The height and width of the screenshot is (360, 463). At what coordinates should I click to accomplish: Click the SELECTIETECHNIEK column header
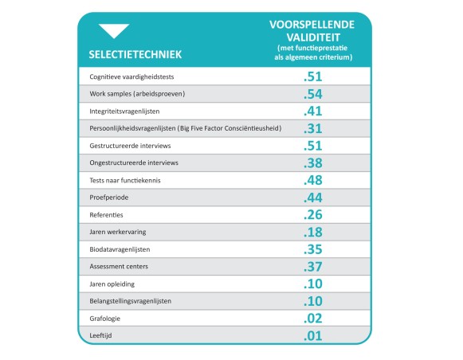point(135,55)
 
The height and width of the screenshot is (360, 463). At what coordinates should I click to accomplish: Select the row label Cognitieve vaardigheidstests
point(132,76)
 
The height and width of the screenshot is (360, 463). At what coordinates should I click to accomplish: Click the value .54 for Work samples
point(312,94)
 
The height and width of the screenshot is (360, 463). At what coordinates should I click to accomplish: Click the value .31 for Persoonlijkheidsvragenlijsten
point(312,128)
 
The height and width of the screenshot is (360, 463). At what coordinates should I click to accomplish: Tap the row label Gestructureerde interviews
point(131,146)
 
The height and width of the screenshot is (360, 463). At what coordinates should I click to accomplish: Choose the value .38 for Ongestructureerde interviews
point(312,162)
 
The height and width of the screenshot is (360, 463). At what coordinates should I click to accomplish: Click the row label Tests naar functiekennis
point(125,180)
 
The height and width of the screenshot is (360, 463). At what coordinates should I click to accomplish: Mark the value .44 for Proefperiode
point(312,198)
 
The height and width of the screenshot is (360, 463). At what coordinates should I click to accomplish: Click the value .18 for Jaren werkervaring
point(312,232)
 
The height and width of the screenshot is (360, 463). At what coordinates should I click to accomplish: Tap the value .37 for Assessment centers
point(312,267)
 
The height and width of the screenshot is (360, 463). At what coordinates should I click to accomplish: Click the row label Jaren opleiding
point(113,284)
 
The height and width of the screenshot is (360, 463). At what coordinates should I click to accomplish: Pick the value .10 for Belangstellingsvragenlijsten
point(312,301)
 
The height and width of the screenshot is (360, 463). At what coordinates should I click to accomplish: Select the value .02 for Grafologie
point(312,319)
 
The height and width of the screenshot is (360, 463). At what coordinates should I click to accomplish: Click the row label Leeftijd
point(102,335)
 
